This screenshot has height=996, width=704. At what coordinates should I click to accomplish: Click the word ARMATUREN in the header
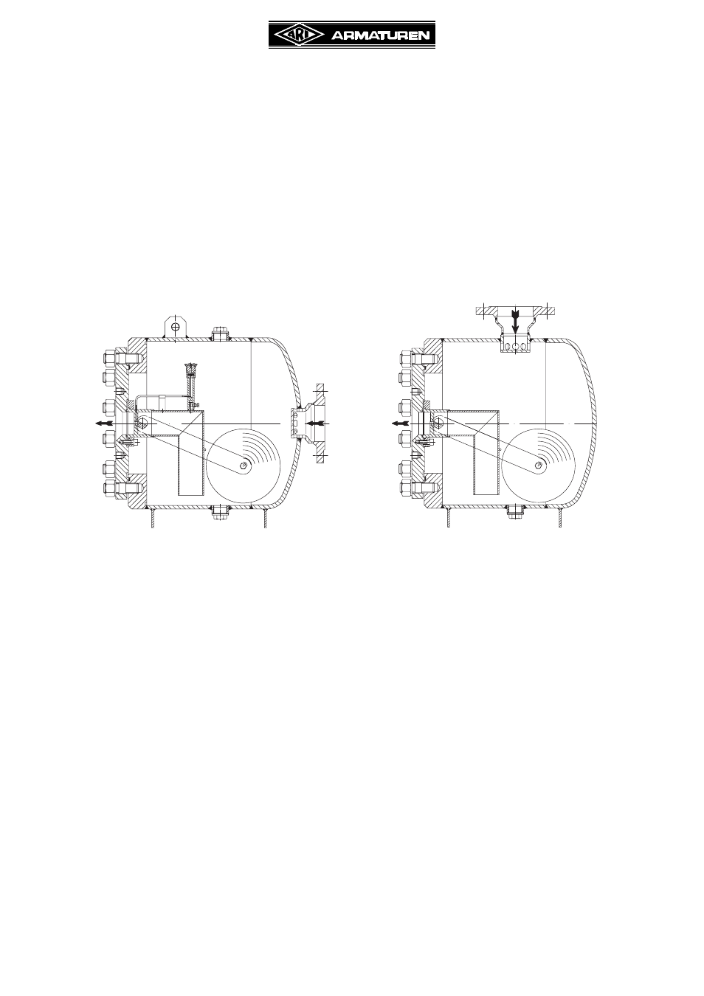coord(381,36)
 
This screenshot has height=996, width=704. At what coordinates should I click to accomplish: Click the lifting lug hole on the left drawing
coord(176,326)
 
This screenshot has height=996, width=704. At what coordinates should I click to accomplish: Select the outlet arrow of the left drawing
coord(105,423)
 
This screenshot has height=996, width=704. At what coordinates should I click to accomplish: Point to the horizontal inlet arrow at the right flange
coord(317,423)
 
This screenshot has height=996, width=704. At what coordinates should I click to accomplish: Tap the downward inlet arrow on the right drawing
coord(515,322)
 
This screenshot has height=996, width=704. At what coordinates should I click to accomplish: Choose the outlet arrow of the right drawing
coord(400,423)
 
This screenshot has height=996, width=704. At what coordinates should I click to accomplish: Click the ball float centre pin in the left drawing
coord(243,465)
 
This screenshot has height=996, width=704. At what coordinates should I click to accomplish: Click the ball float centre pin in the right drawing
coord(538,465)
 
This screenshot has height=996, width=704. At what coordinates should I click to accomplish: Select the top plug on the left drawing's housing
coord(220,333)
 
